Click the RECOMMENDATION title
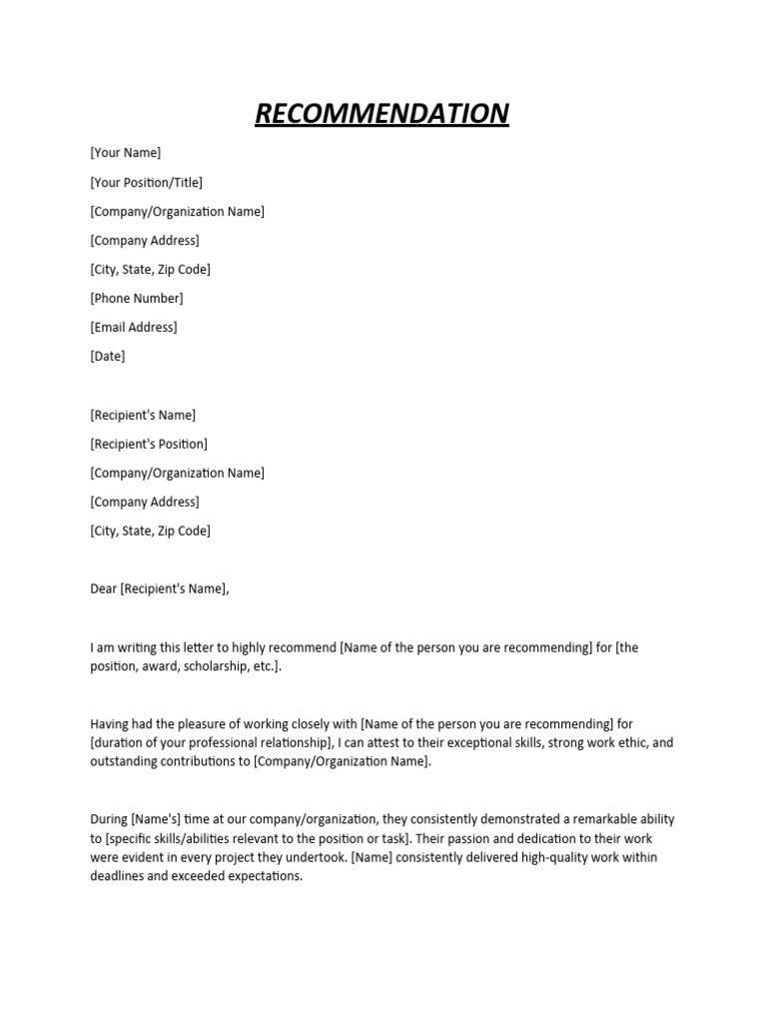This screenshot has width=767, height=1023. click(x=382, y=114)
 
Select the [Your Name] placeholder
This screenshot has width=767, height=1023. click(x=125, y=153)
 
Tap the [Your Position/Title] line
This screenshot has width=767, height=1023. click(x=146, y=182)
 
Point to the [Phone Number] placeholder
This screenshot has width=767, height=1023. click(x=137, y=298)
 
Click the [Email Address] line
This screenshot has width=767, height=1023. click(x=133, y=327)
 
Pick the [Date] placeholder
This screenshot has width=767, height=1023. click(x=108, y=356)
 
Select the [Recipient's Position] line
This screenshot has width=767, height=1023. click(x=149, y=444)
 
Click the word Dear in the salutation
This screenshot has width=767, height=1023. click(x=103, y=588)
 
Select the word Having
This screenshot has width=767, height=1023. click(x=110, y=723)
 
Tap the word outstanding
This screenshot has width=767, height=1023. click(x=125, y=761)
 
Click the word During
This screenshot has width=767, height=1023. click(x=109, y=819)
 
